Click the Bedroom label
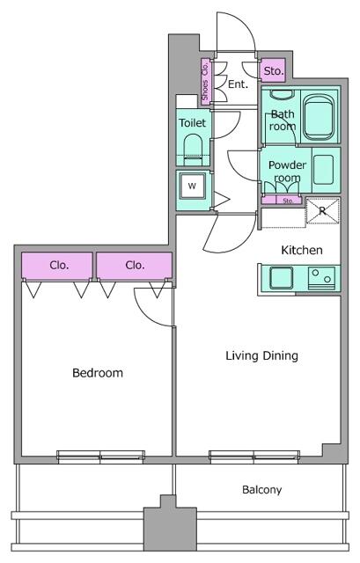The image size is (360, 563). point(98,373)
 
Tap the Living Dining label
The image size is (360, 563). point(262,355)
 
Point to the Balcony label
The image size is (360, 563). point(262,489)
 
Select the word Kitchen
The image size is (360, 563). point(301,250)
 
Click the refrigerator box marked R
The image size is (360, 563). point(322,210)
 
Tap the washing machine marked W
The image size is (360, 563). point(193,186)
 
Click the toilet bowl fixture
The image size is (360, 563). point(193,148)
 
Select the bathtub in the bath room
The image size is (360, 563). point(319,116)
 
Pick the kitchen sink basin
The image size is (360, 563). point(281,278)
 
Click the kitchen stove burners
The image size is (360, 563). point(321,278)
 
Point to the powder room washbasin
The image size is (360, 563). point(323,170)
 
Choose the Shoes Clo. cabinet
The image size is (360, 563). point(205,82)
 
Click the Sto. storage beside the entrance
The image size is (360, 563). point(273,70)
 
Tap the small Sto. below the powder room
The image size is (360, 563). point(282,201)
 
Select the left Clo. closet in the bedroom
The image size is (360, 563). point(57,266)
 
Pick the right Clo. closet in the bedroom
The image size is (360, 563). point(134,266)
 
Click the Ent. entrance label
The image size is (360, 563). point(238,84)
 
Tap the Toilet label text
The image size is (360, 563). point(193,123)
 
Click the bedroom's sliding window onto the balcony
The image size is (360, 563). point(101,456)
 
